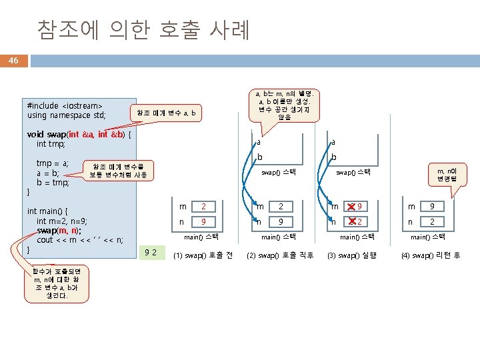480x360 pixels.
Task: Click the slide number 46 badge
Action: (x=13, y=61)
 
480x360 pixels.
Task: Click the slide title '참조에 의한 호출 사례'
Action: (x=143, y=29)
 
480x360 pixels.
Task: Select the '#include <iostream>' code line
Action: (x=65, y=105)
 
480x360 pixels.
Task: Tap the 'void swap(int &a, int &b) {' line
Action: (x=79, y=134)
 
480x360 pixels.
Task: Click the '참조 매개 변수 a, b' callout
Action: (x=166, y=113)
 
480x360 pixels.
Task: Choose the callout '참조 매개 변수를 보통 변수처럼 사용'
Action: (x=122, y=171)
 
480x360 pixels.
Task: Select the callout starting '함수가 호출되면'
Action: (x=56, y=284)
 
